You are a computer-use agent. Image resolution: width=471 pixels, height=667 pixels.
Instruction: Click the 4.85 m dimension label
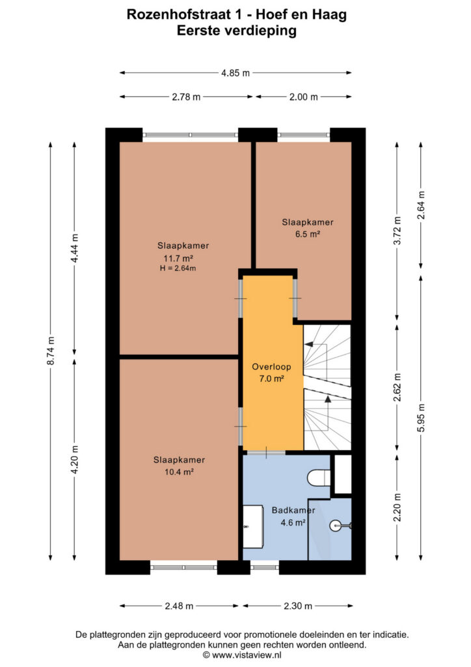point(235,73)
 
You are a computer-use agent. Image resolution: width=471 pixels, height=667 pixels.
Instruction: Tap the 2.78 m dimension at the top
point(186,97)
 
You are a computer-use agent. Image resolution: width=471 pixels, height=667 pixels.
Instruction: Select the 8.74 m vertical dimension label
point(51,350)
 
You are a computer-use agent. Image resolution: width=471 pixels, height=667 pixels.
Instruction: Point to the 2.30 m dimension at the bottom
point(298,606)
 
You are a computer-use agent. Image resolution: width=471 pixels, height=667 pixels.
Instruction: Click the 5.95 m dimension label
point(421,418)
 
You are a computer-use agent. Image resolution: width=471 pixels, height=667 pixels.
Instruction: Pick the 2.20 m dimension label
point(397,507)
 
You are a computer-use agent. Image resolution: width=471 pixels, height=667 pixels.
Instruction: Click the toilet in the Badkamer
point(319,477)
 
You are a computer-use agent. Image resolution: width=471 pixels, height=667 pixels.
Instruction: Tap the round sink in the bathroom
point(336,526)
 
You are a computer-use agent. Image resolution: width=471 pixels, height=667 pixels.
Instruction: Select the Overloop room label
point(271,367)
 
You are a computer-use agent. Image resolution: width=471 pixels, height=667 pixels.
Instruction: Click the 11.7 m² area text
point(178,258)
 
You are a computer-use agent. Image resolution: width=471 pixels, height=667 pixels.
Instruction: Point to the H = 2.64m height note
point(178,268)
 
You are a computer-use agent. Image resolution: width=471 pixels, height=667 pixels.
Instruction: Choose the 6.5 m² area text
point(308,234)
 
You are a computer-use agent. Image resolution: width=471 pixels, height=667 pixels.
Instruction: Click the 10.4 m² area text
point(179,472)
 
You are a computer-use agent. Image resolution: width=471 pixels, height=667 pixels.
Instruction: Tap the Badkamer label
point(293,510)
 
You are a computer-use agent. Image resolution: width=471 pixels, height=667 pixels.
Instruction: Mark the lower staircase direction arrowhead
point(328,399)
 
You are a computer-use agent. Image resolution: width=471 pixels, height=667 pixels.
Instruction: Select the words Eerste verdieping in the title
point(237,31)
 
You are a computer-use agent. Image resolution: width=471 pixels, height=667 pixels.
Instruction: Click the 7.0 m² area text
point(271,378)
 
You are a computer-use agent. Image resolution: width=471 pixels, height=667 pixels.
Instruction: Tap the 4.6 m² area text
point(293,522)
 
